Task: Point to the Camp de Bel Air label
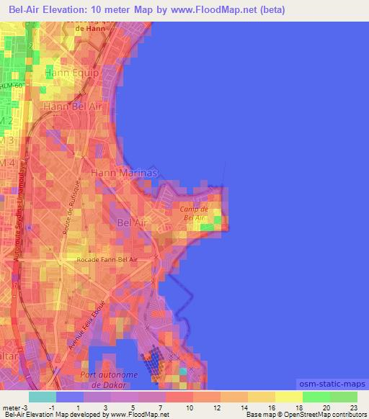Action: [194, 212]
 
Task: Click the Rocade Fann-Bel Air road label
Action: [107, 258]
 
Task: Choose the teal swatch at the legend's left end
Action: [43, 397]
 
